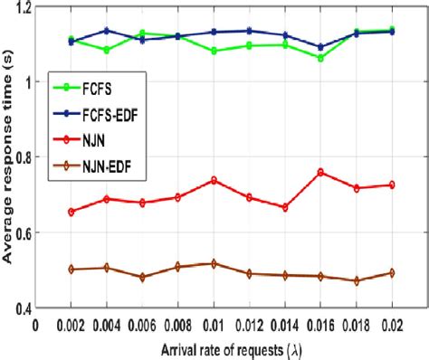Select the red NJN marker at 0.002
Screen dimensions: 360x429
(x=71, y=212)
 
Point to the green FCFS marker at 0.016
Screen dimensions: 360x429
(x=320, y=58)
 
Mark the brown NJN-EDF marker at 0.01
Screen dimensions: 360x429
(x=214, y=263)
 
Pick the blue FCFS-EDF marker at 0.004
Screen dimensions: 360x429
(x=106, y=31)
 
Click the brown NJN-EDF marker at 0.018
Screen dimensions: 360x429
(x=356, y=280)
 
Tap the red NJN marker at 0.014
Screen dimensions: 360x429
(x=285, y=207)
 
